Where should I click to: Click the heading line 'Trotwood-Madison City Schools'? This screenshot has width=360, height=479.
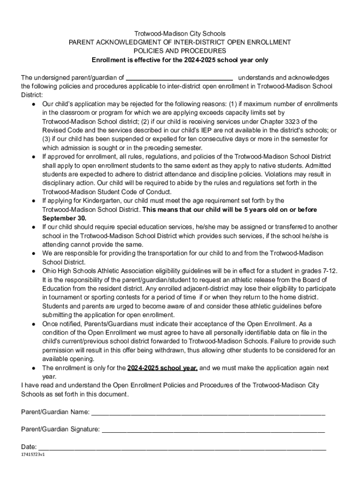tap(180, 34)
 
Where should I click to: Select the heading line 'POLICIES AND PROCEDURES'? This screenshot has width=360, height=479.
tap(180, 51)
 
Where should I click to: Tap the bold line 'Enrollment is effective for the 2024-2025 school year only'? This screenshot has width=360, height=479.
tap(180, 60)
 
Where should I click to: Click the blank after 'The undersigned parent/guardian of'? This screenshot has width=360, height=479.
tap(180, 78)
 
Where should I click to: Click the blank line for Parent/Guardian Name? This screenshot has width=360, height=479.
tap(208, 413)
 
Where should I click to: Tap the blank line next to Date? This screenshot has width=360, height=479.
tap(182, 447)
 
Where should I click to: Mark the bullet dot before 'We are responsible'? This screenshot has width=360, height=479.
tap(34, 254)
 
